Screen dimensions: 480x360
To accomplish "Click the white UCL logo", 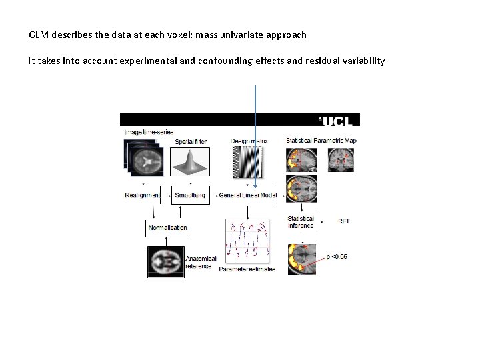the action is coord(339,120).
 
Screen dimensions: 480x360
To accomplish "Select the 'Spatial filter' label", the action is coord(191,141).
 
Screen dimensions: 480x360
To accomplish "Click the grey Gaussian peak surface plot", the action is coord(191,162).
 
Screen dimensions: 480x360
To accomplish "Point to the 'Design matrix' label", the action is coord(249,141).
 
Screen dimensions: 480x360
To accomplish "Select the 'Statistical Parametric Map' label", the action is coord(321,141).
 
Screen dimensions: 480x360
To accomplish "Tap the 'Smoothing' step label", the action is coord(191,195).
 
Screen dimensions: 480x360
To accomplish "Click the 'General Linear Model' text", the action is coord(248,195).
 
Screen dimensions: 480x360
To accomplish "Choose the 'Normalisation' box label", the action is coord(167,227).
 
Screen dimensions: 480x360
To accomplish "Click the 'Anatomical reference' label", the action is coord(201,263).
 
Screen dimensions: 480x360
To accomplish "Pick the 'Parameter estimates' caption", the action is coord(247,269).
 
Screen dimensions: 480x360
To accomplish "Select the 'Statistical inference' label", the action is coord(301,222).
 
